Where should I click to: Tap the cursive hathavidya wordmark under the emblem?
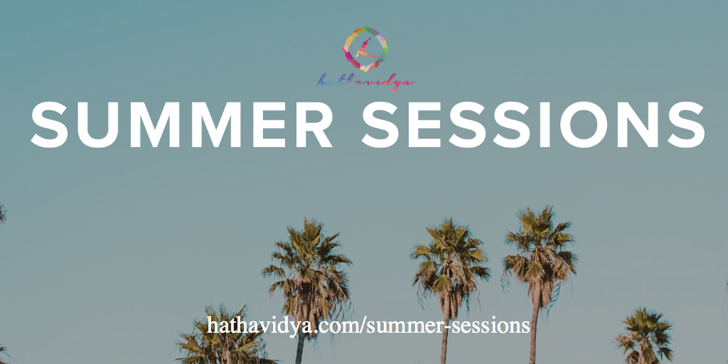click(x=365, y=82)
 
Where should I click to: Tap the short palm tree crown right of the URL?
click(x=644, y=333)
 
